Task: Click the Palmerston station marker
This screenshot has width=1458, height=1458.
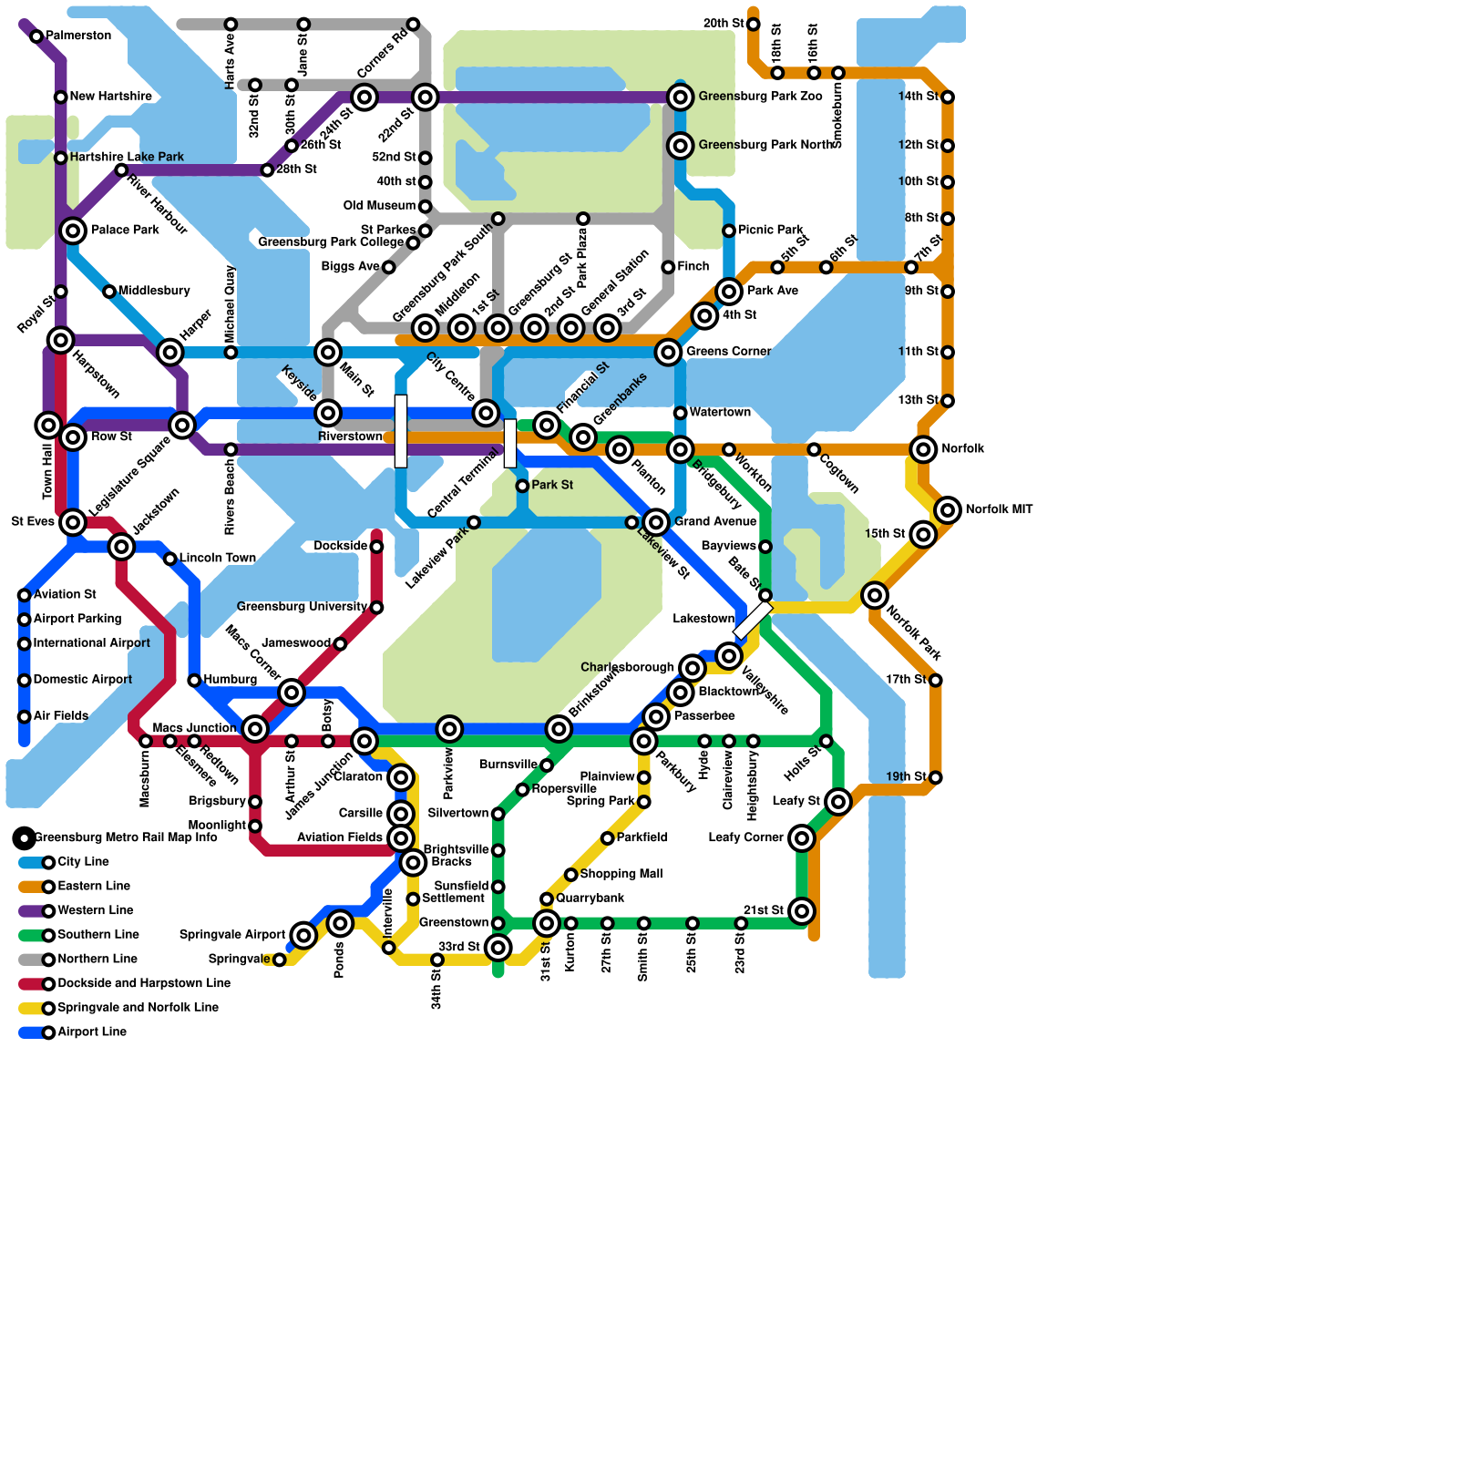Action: [x=36, y=36]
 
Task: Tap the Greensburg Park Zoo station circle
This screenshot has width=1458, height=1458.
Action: [x=680, y=97]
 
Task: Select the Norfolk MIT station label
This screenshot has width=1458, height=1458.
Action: [x=999, y=509]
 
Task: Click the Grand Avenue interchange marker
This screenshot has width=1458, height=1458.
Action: [x=656, y=522]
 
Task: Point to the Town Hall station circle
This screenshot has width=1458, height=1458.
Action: [x=48, y=425]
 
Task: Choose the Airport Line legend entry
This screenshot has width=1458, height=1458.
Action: [x=91, y=1032]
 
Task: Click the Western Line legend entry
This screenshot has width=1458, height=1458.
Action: [x=95, y=910]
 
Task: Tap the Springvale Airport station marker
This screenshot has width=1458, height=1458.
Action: [x=303, y=935]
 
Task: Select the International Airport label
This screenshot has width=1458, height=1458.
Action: [x=91, y=643]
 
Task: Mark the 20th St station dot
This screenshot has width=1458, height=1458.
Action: [x=753, y=24]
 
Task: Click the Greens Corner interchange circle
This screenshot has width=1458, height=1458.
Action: [x=668, y=352]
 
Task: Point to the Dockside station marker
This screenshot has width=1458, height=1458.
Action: [x=376, y=547]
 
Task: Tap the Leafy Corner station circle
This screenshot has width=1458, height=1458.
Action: [x=802, y=838]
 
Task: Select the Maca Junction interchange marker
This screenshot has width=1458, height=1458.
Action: [x=255, y=729]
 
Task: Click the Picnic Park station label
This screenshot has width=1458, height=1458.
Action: [x=771, y=230]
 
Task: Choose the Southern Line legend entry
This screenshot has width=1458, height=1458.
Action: [x=98, y=935]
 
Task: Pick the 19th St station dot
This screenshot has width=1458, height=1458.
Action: [x=935, y=777]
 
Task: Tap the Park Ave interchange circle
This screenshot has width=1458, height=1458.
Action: [x=729, y=292]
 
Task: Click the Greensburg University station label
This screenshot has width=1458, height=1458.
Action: [x=302, y=607]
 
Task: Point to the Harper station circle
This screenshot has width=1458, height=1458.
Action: [x=169, y=352]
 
